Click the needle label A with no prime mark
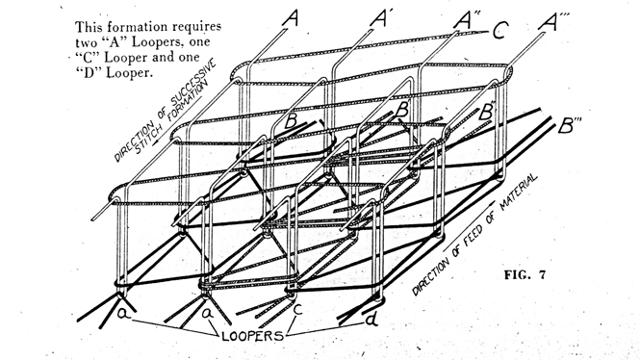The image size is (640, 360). point(290,18)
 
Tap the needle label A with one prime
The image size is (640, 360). point(379,19)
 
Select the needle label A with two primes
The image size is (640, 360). point(467,20)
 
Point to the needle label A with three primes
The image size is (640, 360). point(553,22)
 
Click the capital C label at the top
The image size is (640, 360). point(500,31)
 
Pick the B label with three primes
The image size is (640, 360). point(569,125)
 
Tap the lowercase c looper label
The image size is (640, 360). point(298,309)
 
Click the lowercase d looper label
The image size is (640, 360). point(371,320)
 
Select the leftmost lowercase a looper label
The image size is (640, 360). point(122,314)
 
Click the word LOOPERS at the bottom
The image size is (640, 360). point(253,336)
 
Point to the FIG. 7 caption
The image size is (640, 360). point(525,274)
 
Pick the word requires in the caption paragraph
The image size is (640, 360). point(196,27)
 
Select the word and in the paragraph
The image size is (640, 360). point(163,57)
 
